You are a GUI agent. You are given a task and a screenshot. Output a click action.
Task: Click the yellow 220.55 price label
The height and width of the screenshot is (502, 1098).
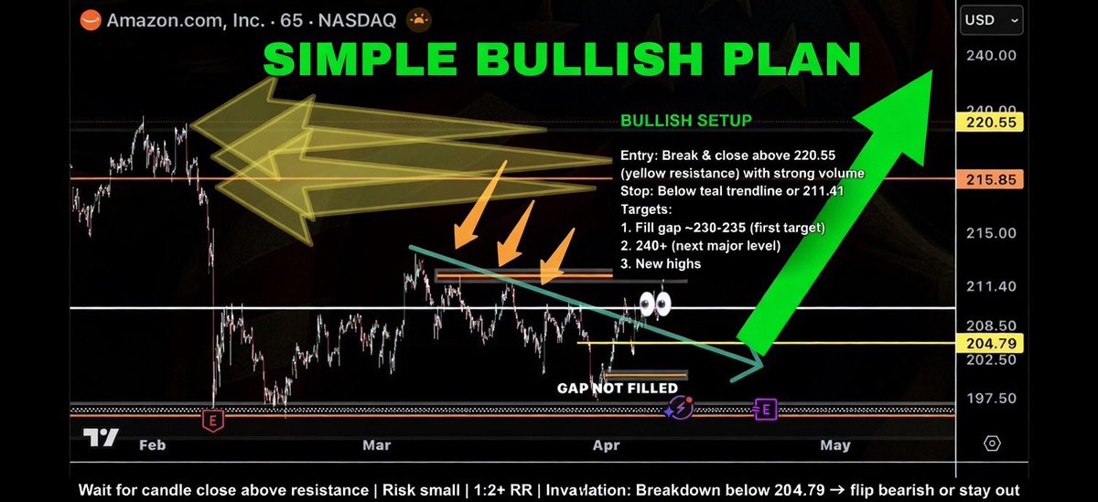coord(986,122)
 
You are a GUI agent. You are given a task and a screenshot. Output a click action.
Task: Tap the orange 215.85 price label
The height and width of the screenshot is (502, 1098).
coord(986,180)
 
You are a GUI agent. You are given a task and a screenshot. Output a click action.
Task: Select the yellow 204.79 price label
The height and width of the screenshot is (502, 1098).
coord(986,343)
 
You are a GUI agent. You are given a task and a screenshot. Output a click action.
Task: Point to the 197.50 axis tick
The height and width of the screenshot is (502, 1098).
coord(989,399)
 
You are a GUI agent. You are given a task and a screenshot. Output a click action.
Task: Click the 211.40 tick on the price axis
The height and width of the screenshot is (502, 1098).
coord(989,287)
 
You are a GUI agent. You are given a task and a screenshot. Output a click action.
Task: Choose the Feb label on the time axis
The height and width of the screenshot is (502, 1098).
coord(151,445)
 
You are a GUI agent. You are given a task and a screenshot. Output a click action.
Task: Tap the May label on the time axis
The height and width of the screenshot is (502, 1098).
coord(834,445)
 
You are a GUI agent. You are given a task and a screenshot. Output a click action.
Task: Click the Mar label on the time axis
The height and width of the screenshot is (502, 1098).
coord(376,445)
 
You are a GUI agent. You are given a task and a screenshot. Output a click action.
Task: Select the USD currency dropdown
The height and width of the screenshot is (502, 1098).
coord(991,19)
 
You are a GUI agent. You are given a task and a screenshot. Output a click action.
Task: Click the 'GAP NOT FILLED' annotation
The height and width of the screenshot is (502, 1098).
coord(618,389)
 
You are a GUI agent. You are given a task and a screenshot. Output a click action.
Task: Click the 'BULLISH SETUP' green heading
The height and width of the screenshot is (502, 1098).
coord(686,121)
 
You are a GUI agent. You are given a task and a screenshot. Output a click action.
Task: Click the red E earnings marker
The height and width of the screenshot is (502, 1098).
coord(212,421)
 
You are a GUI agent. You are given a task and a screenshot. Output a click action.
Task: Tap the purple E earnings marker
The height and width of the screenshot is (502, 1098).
coord(765,410)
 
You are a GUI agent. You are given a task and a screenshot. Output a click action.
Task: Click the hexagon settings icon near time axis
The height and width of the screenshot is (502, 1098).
coord(992,444)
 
